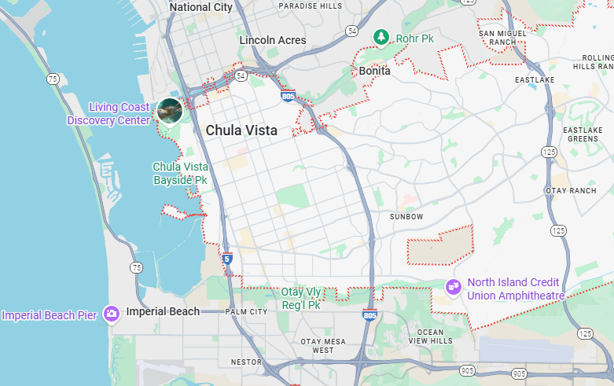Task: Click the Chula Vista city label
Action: pyautogui.click(x=241, y=131)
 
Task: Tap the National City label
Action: pyautogui.click(x=200, y=7)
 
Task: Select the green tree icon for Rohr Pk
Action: pyautogui.click(x=381, y=36)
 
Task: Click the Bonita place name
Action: pyautogui.click(x=374, y=71)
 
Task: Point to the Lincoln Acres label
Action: pyautogui.click(x=273, y=40)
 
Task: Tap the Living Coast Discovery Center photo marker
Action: pyautogui.click(x=170, y=111)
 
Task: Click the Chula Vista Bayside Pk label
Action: pyautogui.click(x=180, y=173)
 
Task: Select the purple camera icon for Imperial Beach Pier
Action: pyautogui.click(x=111, y=314)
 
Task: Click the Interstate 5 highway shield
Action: pyautogui.click(x=227, y=258)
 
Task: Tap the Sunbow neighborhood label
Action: pyautogui.click(x=406, y=216)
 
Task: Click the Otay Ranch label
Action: pyautogui.click(x=571, y=190)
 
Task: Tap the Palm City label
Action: pyautogui.click(x=246, y=311)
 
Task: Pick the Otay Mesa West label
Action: pyautogui.click(x=317, y=346)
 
